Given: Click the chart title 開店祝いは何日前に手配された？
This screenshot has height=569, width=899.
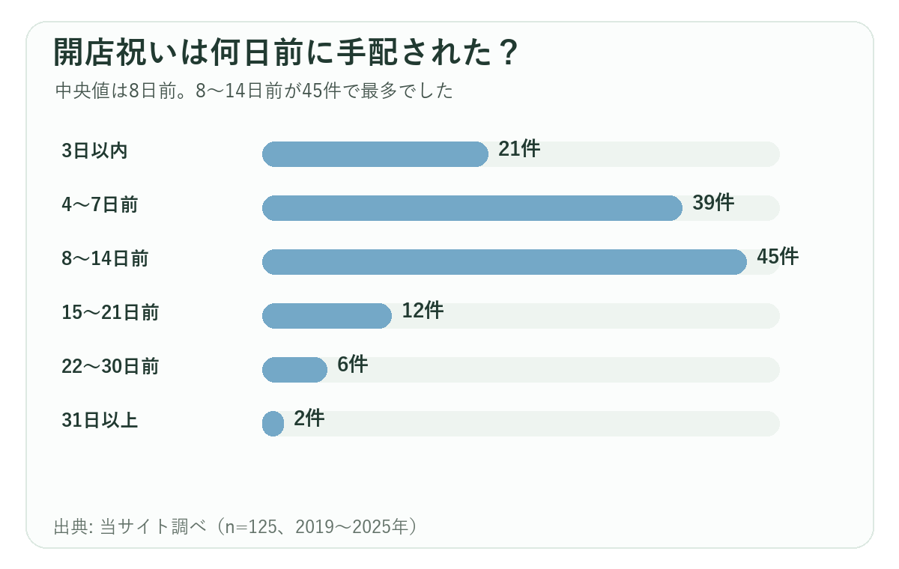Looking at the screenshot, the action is (x=285, y=52).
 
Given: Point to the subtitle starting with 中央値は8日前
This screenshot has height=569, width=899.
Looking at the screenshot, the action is (x=254, y=91).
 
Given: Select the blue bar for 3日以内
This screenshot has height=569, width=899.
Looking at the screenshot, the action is (x=375, y=154).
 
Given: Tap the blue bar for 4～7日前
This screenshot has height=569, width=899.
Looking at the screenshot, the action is (x=472, y=207).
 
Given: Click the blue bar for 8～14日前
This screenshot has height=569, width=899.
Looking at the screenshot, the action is (x=504, y=262).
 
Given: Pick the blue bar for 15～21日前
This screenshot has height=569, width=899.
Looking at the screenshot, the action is (x=327, y=316).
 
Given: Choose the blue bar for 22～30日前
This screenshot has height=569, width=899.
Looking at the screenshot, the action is (x=294, y=369).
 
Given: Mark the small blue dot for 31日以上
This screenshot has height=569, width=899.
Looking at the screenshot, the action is (x=273, y=424).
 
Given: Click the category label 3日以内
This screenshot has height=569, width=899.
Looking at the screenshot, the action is (x=94, y=150).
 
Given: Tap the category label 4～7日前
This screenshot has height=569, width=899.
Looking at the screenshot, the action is (x=100, y=204).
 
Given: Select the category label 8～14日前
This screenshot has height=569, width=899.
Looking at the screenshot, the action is (x=105, y=258).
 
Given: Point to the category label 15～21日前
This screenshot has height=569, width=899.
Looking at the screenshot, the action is (x=110, y=312).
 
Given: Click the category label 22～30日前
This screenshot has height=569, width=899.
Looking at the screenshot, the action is (x=110, y=366).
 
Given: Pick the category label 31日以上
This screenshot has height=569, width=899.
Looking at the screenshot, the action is (x=100, y=420).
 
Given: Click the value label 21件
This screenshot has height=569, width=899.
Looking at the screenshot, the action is (x=519, y=149).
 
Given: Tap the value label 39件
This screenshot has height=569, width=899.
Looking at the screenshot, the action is (x=713, y=202).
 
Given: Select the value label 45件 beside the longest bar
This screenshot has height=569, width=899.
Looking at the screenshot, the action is (x=778, y=257).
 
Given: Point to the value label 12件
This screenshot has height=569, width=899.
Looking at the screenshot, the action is (x=423, y=311).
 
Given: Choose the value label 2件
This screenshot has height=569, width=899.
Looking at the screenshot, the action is (x=309, y=419).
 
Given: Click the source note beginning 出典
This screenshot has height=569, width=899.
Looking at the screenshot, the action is (x=235, y=526).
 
